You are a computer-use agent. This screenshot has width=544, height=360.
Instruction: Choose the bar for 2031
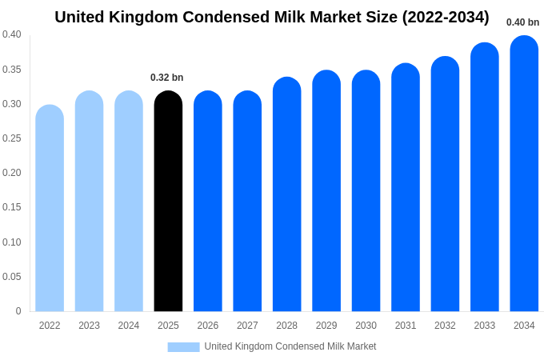point(406,187)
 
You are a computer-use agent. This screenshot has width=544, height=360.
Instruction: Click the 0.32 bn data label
point(167,78)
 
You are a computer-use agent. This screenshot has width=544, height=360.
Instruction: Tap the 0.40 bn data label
point(522,22)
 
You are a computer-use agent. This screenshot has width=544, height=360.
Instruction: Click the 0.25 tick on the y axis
point(12,138)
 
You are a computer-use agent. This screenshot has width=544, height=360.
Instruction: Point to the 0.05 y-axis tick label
point(12,277)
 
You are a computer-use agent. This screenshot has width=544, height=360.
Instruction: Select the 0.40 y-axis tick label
point(12,34)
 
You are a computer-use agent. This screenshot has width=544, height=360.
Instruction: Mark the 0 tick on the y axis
point(18,311)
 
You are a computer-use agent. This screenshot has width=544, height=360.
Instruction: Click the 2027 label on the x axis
point(247,326)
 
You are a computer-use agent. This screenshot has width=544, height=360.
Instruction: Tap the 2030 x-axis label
point(366,326)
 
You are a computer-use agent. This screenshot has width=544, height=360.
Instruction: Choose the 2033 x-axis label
point(484,326)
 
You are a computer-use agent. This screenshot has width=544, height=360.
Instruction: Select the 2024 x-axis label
point(129,326)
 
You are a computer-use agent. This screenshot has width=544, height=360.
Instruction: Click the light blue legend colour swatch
point(183,346)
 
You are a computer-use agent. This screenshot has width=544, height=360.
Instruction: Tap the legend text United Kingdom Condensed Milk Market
point(290,346)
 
